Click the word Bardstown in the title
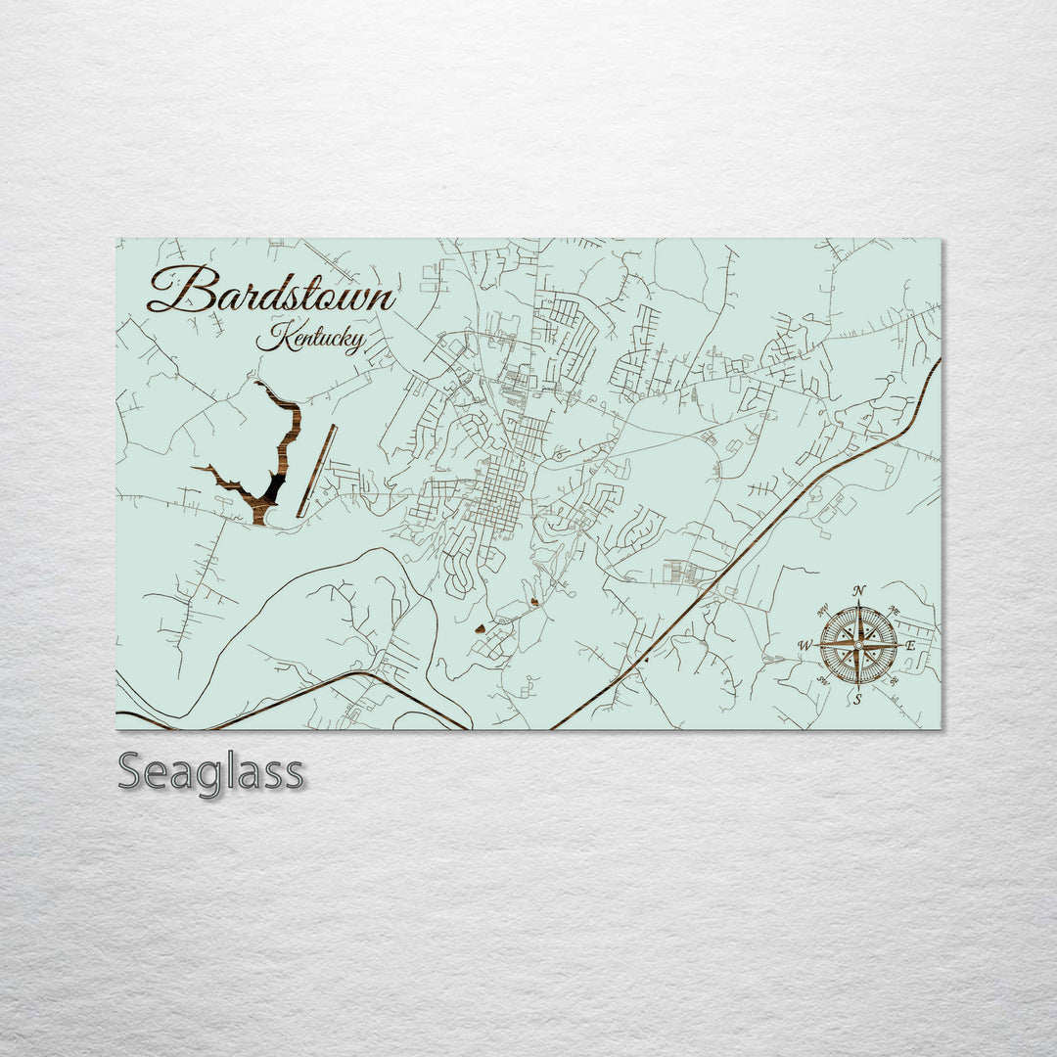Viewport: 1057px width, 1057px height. coord(271,290)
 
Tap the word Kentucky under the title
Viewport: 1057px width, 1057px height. coord(310,339)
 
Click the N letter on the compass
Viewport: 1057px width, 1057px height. coord(859,590)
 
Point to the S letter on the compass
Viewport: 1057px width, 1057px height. coord(858,699)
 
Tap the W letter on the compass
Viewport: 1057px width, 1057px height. coord(804,646)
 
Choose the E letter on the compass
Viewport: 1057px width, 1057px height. coord(909,646)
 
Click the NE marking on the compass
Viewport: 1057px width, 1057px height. coord(893,611)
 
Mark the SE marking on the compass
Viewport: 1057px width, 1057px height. coord(893,681)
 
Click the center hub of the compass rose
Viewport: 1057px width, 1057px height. coord(858,645)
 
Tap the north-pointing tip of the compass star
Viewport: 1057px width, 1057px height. coord(858,602)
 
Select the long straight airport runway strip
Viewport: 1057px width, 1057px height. coord(317,471)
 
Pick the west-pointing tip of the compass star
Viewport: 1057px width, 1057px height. coord(816,646)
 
